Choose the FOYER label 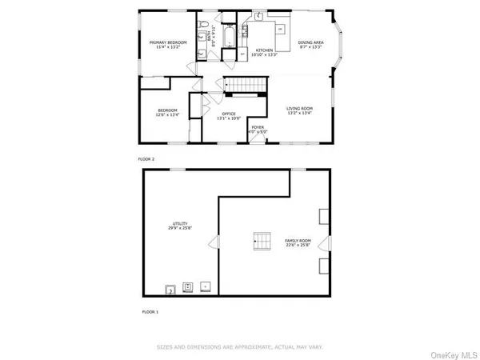click(258, 129)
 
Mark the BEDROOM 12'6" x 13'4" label click(166, 113)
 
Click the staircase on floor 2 click(241, 86)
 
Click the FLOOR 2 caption click(147, 159)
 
